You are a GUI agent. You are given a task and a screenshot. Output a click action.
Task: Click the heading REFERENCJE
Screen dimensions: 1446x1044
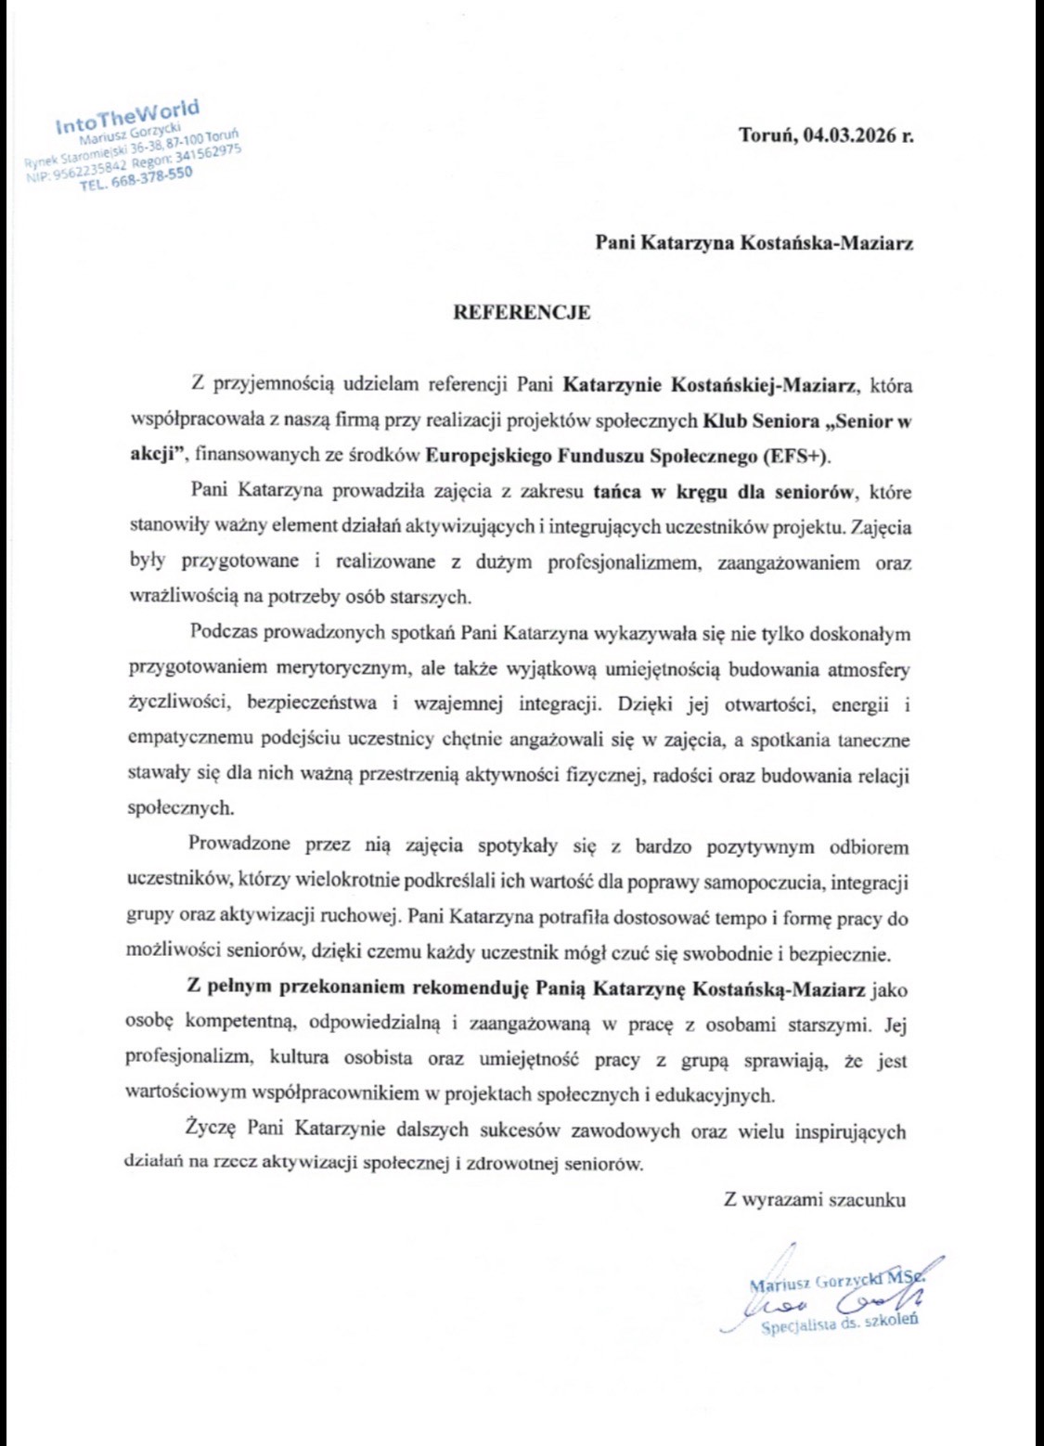(x=521, y=313)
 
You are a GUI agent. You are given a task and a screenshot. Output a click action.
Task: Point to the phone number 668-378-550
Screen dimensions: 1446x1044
(x=150, y=176)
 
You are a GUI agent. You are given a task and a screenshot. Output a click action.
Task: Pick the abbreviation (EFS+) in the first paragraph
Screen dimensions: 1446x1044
(x=795, y=456)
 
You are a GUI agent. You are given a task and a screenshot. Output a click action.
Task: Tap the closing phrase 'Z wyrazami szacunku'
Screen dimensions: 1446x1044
(x=815, y=1199)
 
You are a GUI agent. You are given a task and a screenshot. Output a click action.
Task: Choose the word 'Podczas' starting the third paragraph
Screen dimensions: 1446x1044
(x=223, y=633)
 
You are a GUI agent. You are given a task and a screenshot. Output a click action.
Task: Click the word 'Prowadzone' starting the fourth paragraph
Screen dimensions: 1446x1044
(x=238, y=845)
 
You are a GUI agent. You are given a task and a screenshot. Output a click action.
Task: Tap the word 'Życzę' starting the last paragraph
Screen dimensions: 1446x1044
(x=211, y=1130)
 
